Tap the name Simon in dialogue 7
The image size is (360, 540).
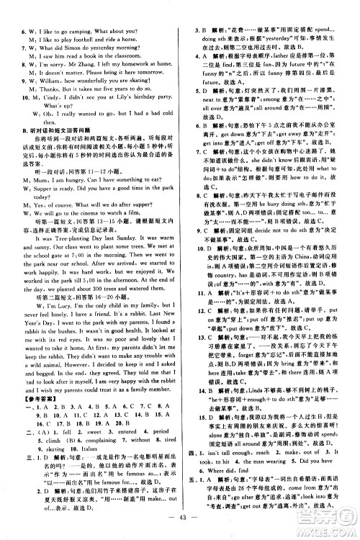pyautogui.click(x=81, y=32)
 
